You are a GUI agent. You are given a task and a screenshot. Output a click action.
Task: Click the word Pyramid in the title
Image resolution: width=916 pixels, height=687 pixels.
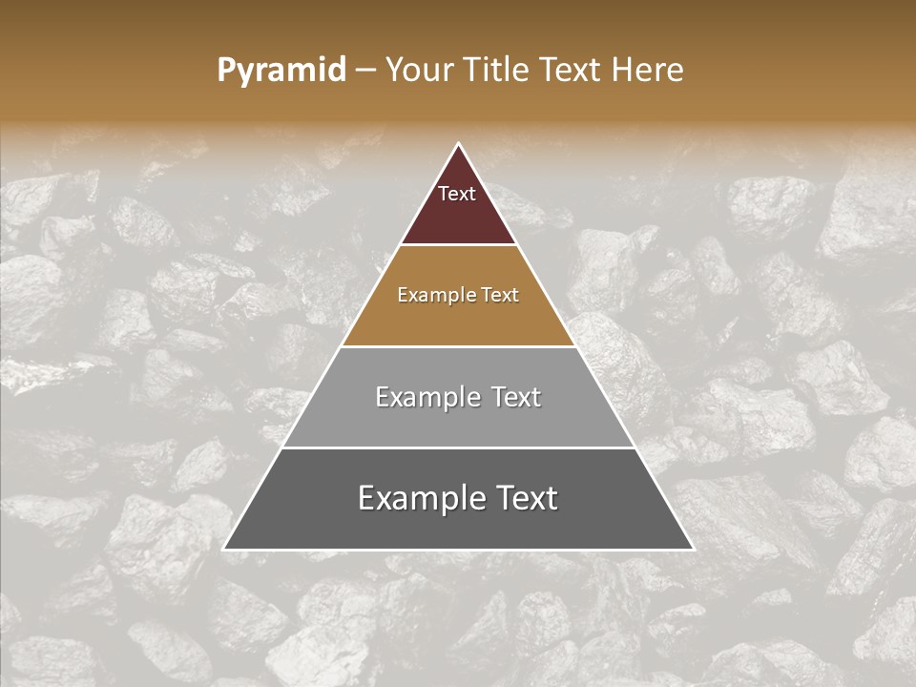pos(281,71)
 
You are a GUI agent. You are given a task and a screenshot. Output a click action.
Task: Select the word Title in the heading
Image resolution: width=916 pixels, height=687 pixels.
pos(496,70)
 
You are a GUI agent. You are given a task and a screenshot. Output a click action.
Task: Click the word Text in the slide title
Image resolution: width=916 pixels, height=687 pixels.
pos(570,70)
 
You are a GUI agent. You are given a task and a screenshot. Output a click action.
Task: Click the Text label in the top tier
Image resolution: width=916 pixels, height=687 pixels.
pos(457,194)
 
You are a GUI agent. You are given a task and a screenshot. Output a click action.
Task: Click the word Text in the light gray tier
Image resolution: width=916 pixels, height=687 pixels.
pos(515,397)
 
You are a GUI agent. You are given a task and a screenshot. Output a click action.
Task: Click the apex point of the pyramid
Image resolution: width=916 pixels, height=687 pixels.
pos(458,145)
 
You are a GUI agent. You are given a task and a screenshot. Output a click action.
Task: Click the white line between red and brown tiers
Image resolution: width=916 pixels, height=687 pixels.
pos(458,244)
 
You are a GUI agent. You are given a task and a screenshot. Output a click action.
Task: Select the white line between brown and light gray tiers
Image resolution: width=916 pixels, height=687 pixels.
pos(458,346)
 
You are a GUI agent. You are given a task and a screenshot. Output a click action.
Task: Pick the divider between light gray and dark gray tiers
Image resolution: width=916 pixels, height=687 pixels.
pos(458,448)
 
